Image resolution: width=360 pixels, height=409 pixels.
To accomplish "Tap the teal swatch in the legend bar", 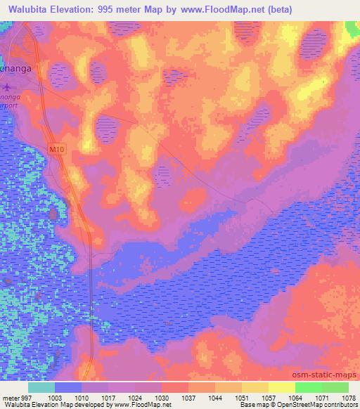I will pos(41,387).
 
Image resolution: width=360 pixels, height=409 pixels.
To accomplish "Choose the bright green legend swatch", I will pos(309,387).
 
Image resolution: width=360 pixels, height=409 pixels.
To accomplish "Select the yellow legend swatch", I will pos(282,387).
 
